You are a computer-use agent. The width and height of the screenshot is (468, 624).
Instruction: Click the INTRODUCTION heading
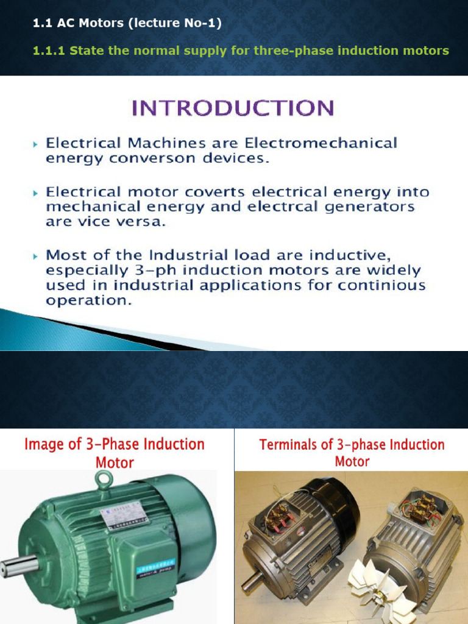point(233,108)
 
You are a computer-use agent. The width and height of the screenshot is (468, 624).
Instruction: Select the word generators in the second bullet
point(373,207)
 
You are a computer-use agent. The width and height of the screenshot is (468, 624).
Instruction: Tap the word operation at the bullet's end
point(88,300)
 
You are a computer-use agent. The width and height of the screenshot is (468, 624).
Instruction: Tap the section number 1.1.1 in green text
point(49,51)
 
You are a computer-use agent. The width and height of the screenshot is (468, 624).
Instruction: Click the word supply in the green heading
point(207,51)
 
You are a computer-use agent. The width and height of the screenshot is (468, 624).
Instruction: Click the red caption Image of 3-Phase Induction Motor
point(115,453)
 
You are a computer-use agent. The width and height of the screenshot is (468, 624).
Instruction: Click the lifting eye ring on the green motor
point(104,481)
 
